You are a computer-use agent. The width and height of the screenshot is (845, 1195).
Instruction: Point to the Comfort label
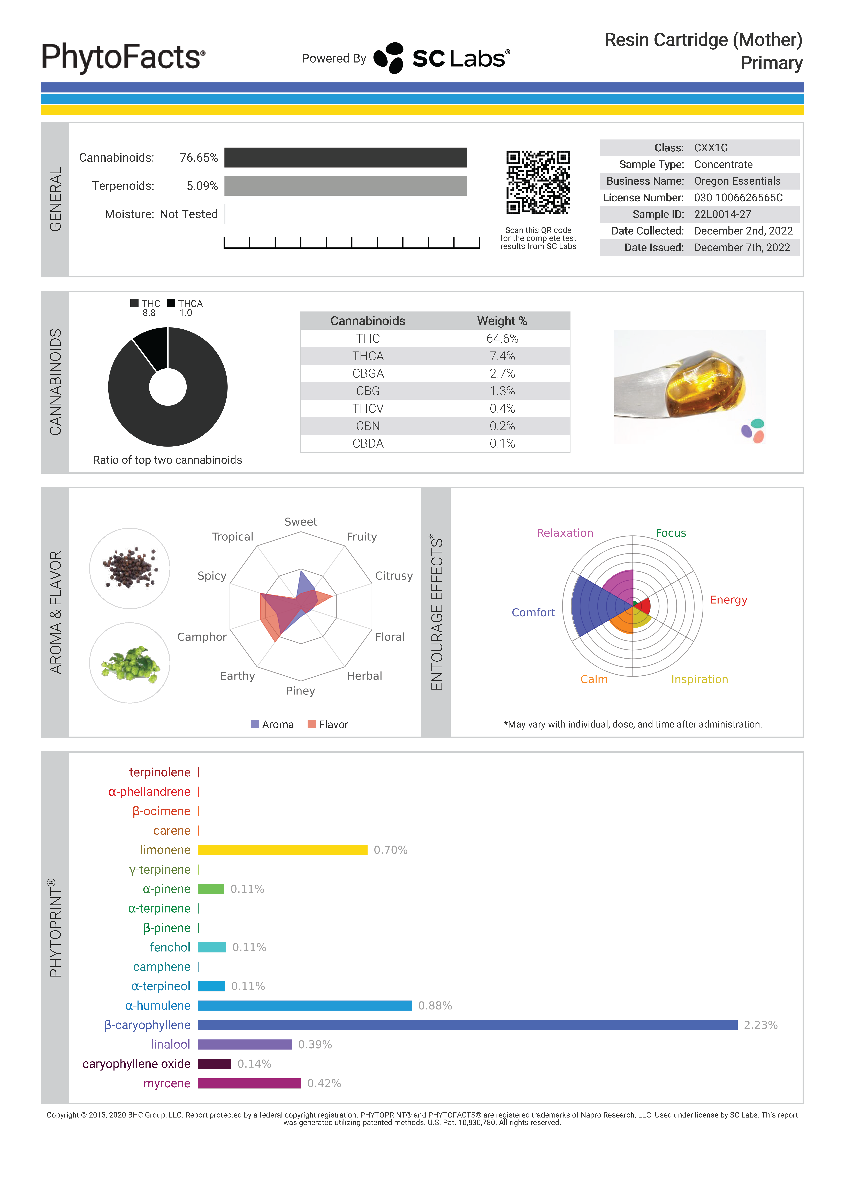pyautogui.click(x=533, y=613)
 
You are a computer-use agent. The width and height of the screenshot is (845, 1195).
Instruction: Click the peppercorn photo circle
pyautogui.click(x=130, y=568)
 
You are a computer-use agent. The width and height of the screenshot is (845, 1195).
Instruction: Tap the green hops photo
pyautogui.click(x=130, y=663)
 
